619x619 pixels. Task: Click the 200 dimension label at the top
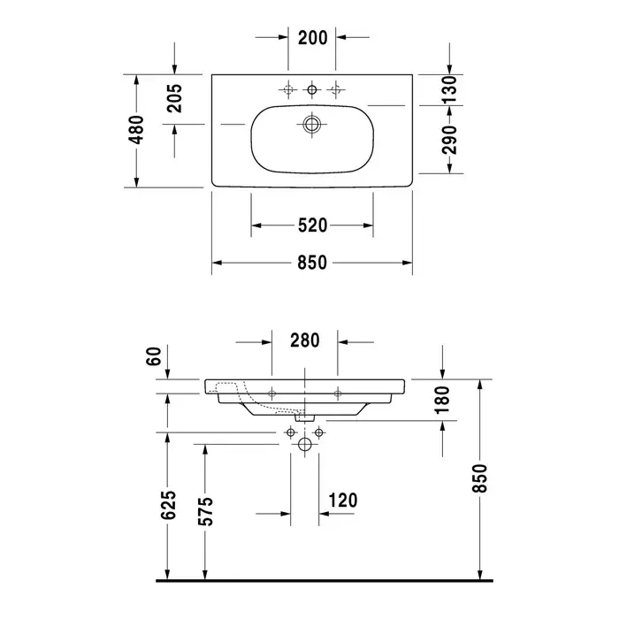[x=313, y=38]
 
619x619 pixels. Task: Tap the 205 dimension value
[x=174, y=98]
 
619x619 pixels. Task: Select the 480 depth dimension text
[x=137, y=130]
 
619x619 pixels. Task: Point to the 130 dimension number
[x=449, y=90]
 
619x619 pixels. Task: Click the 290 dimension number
[x=449, y=140]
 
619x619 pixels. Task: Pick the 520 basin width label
[x=312, y=225]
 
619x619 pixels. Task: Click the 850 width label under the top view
[x=312, y=263]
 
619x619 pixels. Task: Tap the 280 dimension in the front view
[x=305, y=340]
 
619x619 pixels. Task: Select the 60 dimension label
[x=155, y=356]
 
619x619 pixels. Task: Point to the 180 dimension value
[x=442, y=400]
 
